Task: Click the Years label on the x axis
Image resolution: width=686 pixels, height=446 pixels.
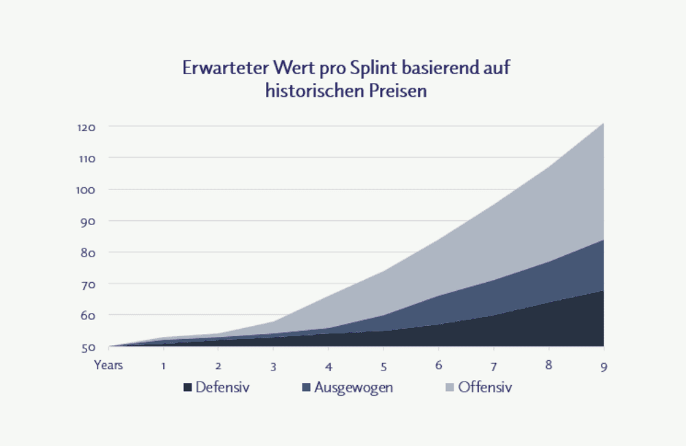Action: point(108,365)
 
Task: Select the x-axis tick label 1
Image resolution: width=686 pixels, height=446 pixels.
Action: point(163,365)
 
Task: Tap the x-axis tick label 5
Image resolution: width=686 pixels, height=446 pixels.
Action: point(383,365)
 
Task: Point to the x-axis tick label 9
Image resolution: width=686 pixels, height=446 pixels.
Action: point(603,365)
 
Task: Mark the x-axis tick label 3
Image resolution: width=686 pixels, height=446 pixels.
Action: point(274,365)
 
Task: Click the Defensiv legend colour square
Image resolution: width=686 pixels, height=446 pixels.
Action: point(187,388)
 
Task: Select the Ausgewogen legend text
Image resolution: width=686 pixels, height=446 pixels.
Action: point(353,388)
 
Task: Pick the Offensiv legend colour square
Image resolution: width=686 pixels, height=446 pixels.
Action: point(449,388)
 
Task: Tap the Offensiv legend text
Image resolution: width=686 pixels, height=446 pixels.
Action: point(485,388)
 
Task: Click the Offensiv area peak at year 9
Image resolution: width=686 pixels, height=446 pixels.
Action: point(602,125)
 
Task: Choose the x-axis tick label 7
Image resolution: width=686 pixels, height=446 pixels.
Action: point(493,365)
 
